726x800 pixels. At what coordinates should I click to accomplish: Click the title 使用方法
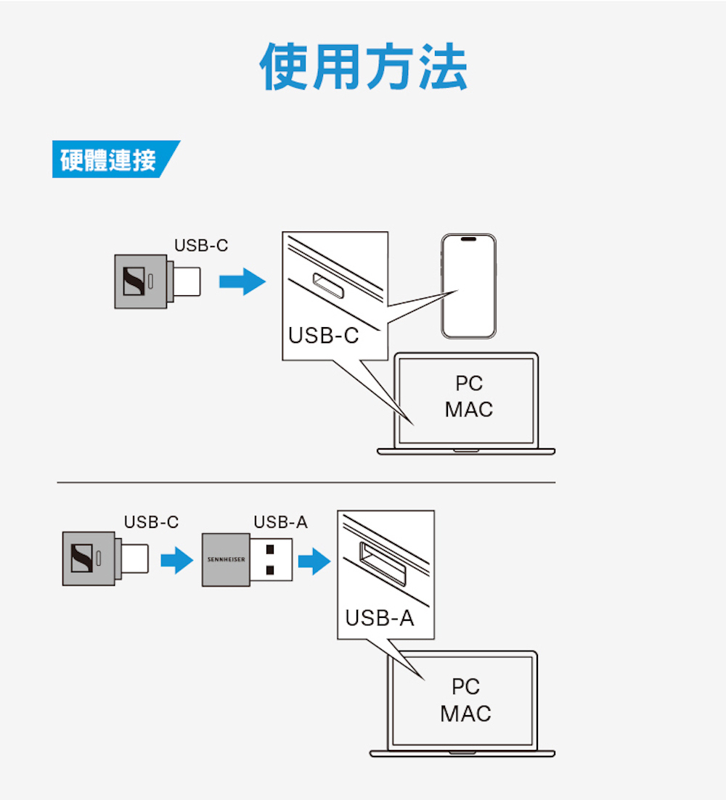coord(363,67)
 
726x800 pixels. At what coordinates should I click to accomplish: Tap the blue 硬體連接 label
coord(109,160)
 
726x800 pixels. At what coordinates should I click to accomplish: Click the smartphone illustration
coord(468,286)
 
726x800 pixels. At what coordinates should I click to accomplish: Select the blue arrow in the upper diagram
coord(242,281)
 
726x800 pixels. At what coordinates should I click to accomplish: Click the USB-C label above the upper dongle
coord(200,246)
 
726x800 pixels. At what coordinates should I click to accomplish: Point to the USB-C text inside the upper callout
coord(323,336)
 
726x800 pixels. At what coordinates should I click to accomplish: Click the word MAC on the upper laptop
coord(468,410)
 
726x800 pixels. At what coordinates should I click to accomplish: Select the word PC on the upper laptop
coord(469,384)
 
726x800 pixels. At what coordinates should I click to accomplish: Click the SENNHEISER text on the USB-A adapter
coord(226,561)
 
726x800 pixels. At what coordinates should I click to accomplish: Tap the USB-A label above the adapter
coord(280,522)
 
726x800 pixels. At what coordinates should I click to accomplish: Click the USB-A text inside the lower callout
coord(379,618)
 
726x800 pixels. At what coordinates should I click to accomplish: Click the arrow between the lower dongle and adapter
coord(176,561)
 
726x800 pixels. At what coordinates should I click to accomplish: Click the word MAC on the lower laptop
coord(465,714)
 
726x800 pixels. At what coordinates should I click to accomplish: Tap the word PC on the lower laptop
coord(465,686)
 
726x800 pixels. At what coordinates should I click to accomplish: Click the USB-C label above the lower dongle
coord(151,522)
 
